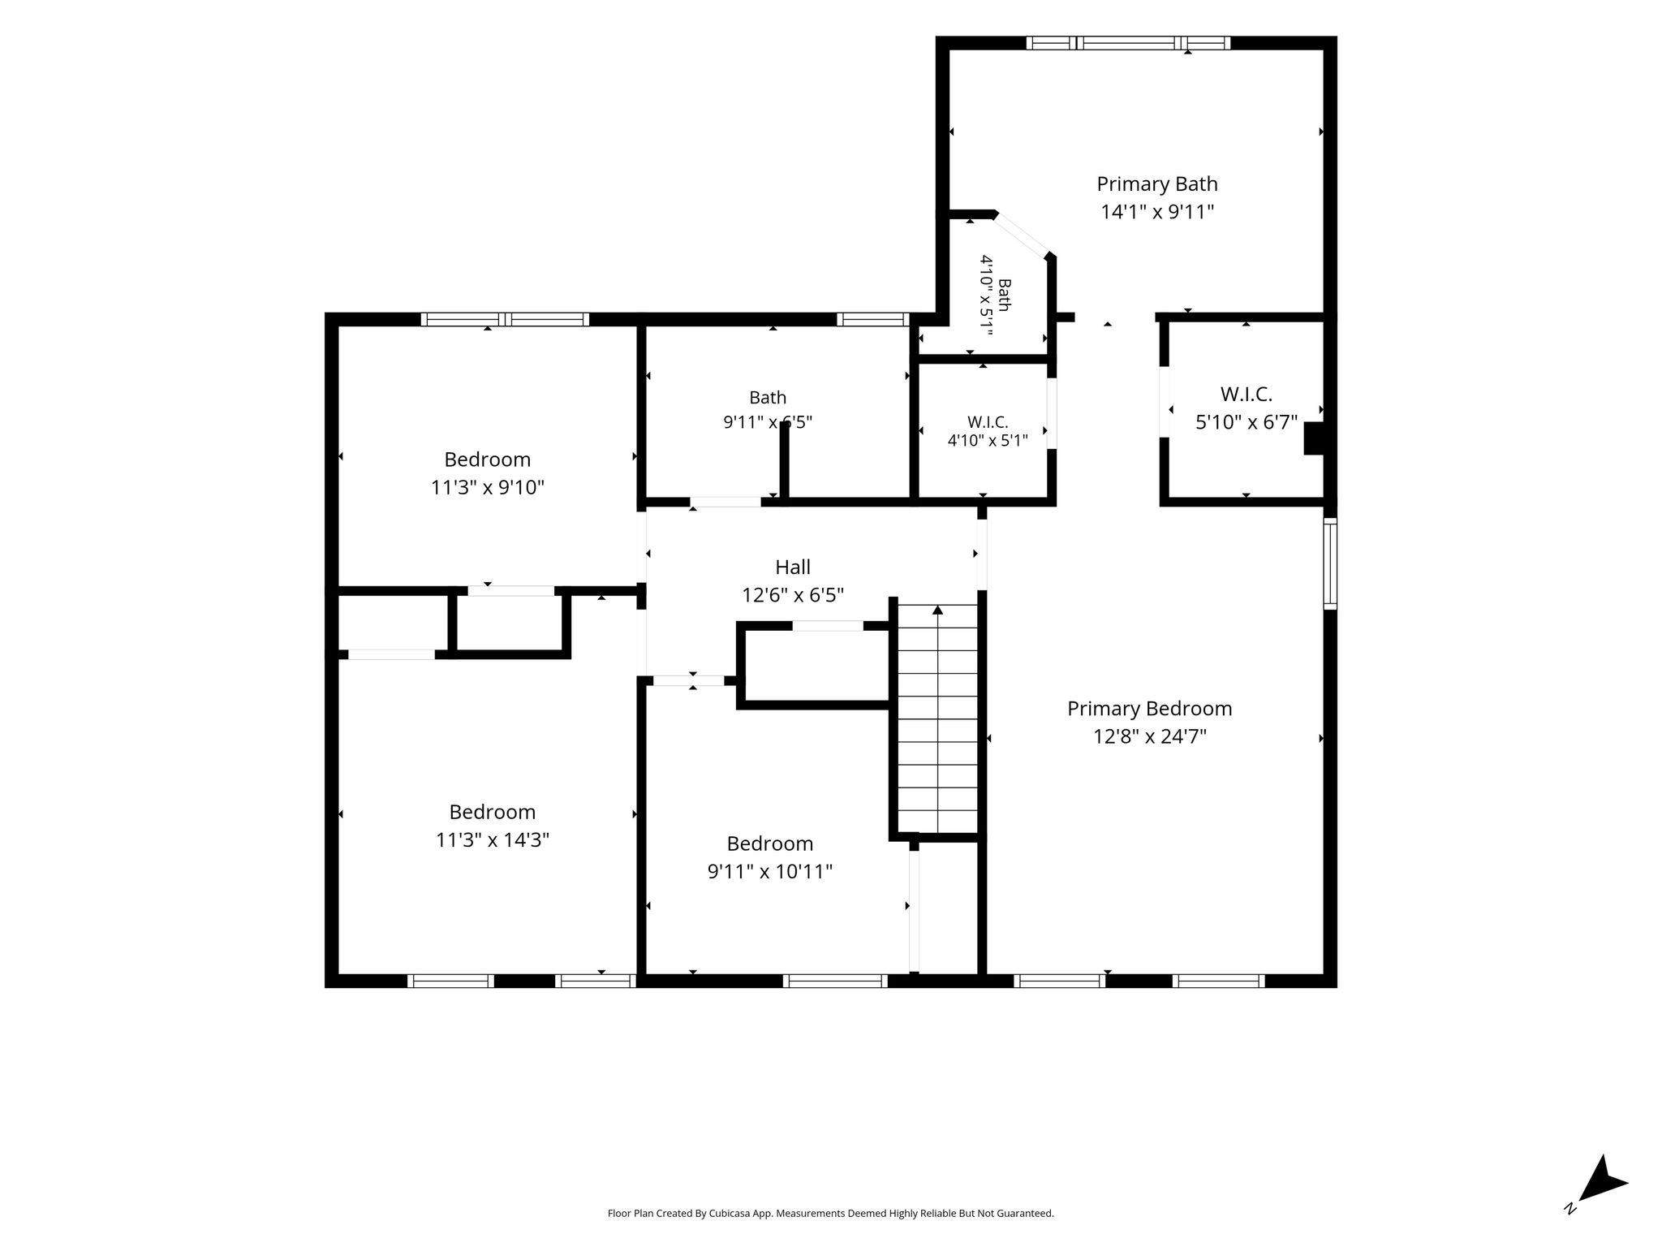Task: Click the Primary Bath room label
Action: point(1157,184)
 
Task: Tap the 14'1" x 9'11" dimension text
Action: point(1157,212)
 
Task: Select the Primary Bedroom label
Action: point(1149,709)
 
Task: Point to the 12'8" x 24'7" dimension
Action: point(1149,736)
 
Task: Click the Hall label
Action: point(793,567)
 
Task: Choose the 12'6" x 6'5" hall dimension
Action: point(793,595)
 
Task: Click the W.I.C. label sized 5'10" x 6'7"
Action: point(1246,395)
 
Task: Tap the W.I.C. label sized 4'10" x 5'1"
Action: point(988,422)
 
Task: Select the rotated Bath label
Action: point(1004,295)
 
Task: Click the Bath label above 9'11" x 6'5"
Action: point(768,397)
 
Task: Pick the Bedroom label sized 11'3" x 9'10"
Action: point(487,460)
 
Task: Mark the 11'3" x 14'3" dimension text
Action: point(493,839)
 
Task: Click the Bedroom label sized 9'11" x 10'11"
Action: point(770,844)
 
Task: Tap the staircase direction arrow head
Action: point(938,609)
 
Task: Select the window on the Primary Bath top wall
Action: point(1128,43)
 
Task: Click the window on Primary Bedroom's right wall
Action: point(1330,563)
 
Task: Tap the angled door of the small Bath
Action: point(1023,234)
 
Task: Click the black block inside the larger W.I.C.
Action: point(1314,438)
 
